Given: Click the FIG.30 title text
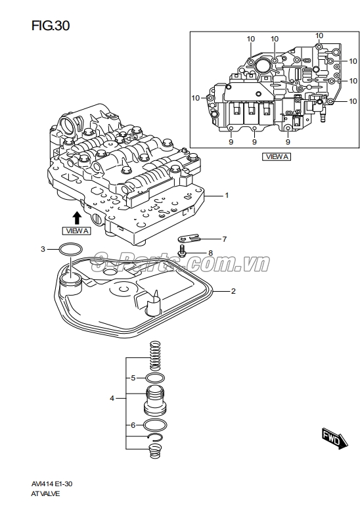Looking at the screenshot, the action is point(51,26).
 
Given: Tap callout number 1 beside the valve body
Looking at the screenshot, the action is point(227,195).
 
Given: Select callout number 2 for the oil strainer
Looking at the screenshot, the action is point(233,291).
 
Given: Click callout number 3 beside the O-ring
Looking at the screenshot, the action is point(43,249).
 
